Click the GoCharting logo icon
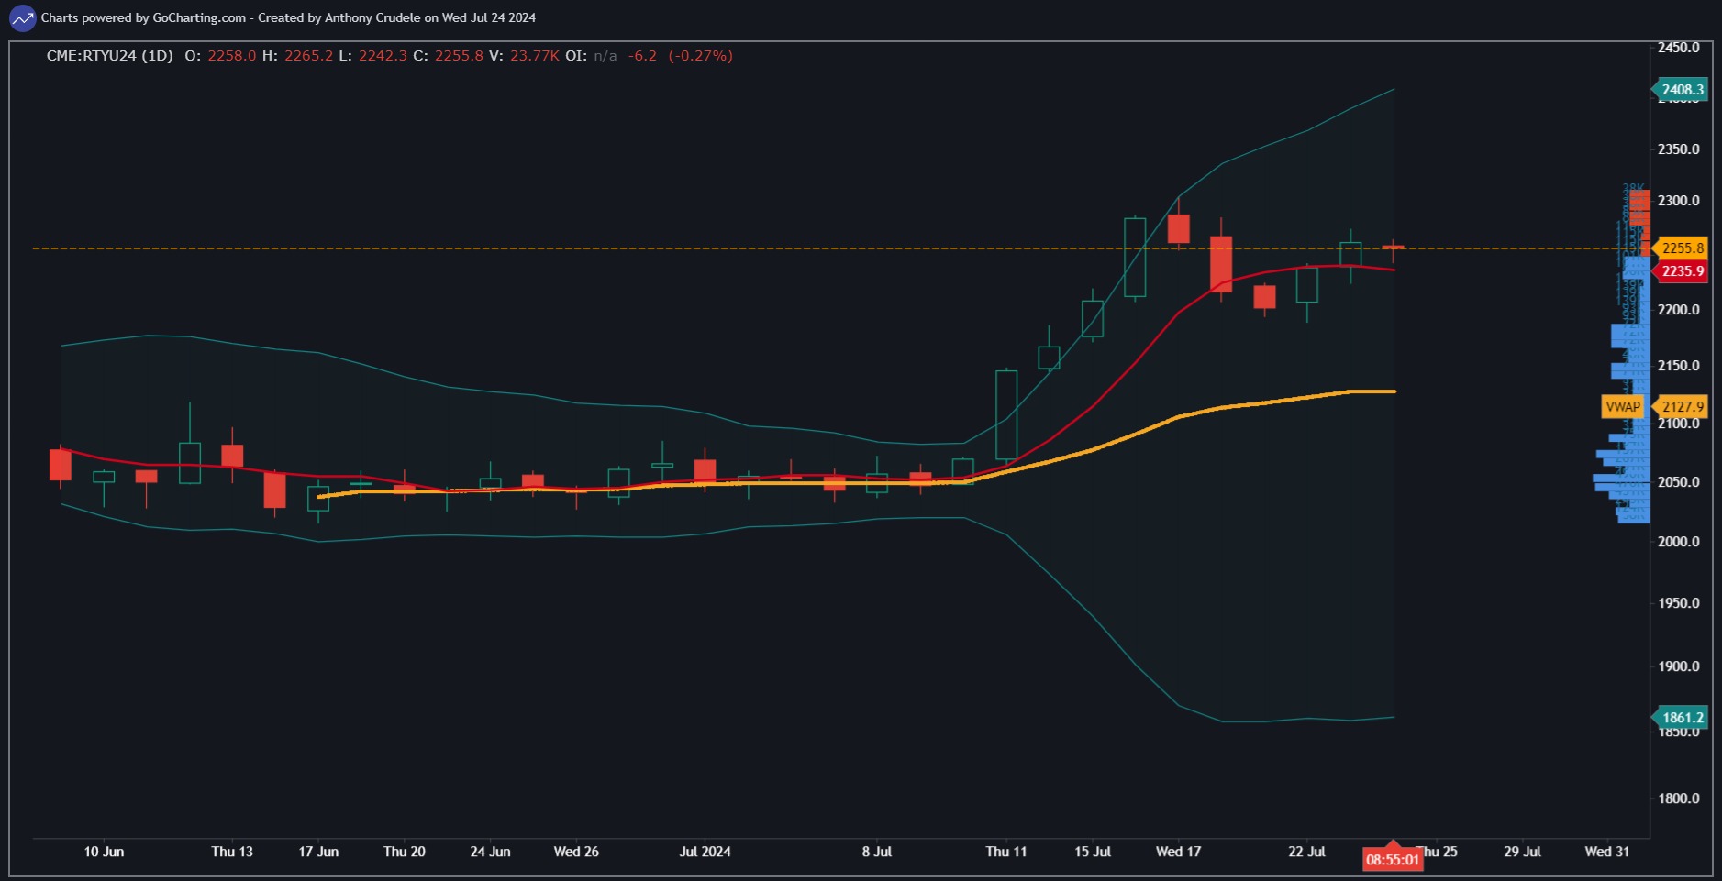[22, 17]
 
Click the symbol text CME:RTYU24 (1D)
[109, 56]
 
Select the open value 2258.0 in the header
[231, 56]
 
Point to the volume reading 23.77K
[534, 56]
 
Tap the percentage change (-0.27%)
[700, 56]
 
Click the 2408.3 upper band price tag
[1682, 90]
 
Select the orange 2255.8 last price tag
[1682, 248]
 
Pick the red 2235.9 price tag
[1682, 271]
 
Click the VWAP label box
[1622, 407]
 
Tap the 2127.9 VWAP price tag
[1682, 407]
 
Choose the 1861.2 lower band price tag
[1682, 718]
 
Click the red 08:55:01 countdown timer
[1393, 860]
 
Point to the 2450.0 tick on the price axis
[1678, 48]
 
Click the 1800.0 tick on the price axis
[1678, 798]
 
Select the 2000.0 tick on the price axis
[1678, 542]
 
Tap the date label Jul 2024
[705, 852]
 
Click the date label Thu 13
[232, 852]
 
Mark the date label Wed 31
[1606, 852]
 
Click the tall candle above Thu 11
[1006, 414]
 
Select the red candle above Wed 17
[1179, 229]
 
